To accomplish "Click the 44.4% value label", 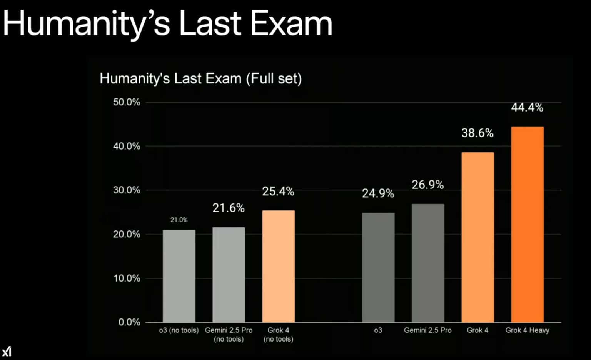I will click(x=527, y=108).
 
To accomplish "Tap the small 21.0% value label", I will click(x=179, y=220).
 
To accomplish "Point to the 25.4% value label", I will click(x=278, y=192).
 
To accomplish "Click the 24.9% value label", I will click(x=378, y=193).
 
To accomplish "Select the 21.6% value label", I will click(x=229, y=208).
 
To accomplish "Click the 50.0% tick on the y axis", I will click(x=127, y=102).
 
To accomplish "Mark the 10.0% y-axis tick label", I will click(x=127, y=278).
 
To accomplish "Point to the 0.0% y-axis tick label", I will click(x=129, y=322).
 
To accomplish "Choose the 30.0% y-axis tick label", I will click(x=127, y=190).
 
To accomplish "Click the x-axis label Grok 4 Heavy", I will click(x=527, y=330).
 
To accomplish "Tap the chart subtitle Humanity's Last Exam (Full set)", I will click(x=200, y=79).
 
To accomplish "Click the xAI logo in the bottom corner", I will click(x=7, y=351).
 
